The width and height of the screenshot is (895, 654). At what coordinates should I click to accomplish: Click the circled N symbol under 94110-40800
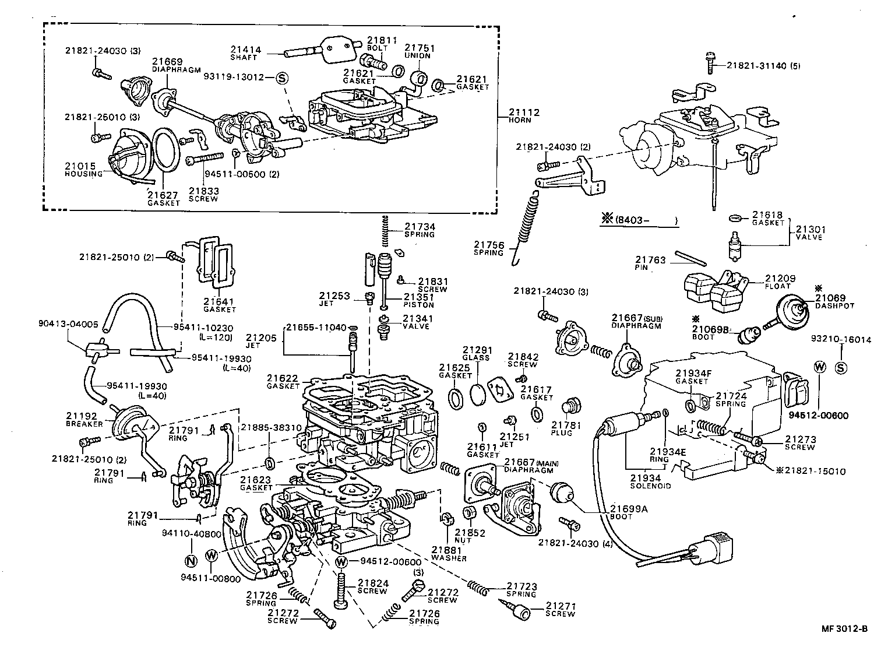[x=191, y=561]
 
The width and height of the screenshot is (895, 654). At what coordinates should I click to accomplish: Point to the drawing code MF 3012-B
[x=844, y=628]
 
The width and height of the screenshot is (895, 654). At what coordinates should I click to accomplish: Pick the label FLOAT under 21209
[x=777, y=286]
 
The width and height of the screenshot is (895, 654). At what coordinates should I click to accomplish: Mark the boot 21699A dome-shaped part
[x=562, y=491]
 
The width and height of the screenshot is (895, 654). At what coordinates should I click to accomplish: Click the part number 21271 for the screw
[x=560, y=606]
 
